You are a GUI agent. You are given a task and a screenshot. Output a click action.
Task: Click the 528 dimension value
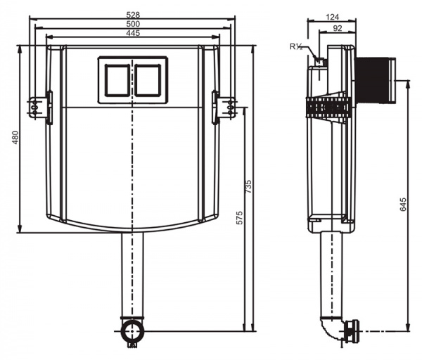pyautogui.click(x=132, y=13)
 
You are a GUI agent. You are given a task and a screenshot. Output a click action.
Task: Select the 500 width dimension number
pyautogui.click(x=132, y=23)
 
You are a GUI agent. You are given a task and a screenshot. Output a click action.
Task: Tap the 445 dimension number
pyautogui.click(x=132, y=34)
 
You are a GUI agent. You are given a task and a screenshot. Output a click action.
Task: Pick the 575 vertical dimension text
pyautogui.click(x=239, y=217)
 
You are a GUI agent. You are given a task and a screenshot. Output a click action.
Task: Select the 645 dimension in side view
pyautogui.click(x=403, y=205)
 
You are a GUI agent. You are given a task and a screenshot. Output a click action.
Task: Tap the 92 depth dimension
pyautogui.click(x=337, y=28)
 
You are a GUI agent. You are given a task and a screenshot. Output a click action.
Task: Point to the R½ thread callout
pyautogui.click(x=296, y=46)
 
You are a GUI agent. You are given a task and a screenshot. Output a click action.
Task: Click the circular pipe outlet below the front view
pyautogui.click(x=132, y=330)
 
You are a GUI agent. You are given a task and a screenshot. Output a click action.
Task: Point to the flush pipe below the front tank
pyautogui.click(x=132, y=274)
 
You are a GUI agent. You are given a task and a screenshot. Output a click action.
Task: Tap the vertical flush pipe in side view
pyautogui.click(x=331, y=274)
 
